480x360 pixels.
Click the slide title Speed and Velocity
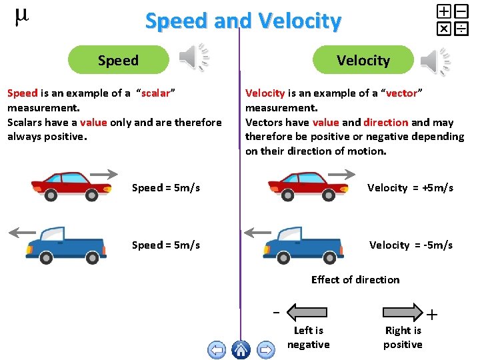(x=243, y=21)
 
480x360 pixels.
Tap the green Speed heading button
(x=119, y=60)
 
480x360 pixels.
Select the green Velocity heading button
(x=363, y=60)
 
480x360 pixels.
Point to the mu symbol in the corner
(x=21, y=17)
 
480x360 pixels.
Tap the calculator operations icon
(x=452, y=19)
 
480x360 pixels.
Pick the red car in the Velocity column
(x=307, y=186)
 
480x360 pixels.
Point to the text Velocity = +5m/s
(x=410, y=188)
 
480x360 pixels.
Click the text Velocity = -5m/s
(x=411, y=245)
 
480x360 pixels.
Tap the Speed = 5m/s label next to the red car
(x=166, y=188)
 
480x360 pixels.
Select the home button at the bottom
(x=241, y=349)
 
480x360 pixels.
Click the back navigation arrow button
(x=216, y=349)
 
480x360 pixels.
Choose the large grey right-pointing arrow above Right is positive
(x=403, y=312)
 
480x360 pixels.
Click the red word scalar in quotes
(x=155, y=93)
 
